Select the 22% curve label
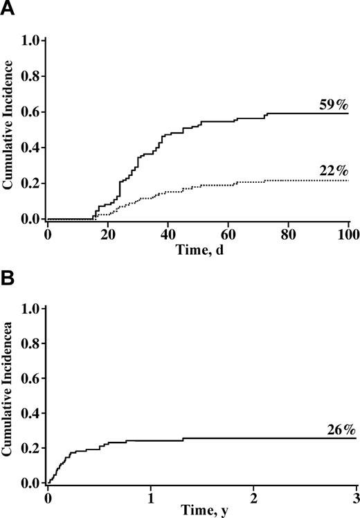(334, 170)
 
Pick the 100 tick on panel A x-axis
(348, 235)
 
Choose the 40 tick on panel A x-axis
(168, 235)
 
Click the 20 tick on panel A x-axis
(107, 235)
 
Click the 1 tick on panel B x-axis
(150, 497)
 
